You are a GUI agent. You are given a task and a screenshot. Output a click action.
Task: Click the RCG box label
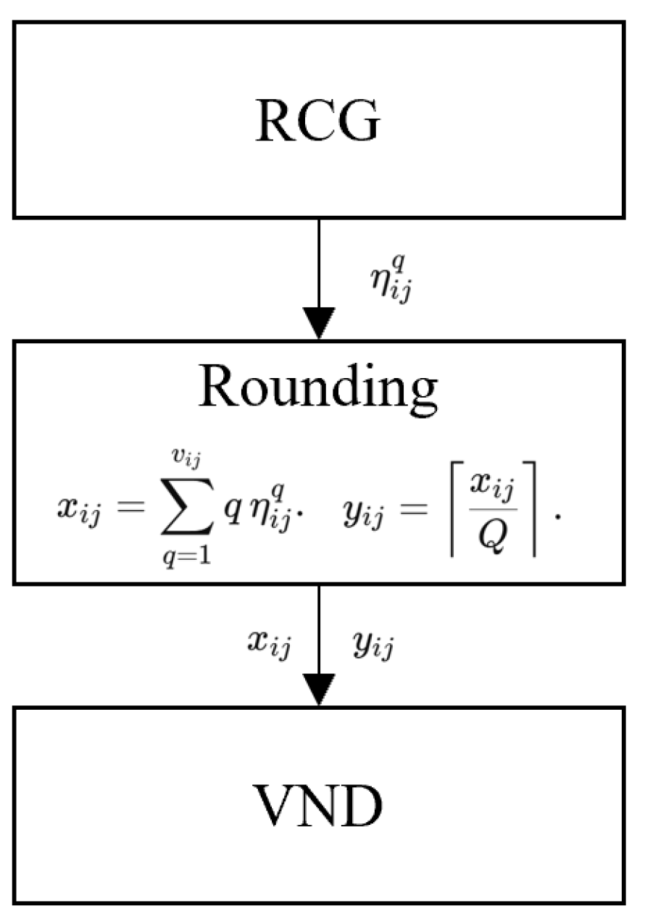pos(317,121)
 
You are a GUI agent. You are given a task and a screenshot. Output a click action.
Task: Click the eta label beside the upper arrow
pos(391,280)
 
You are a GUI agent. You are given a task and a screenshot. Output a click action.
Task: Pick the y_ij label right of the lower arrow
pos(373,645)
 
